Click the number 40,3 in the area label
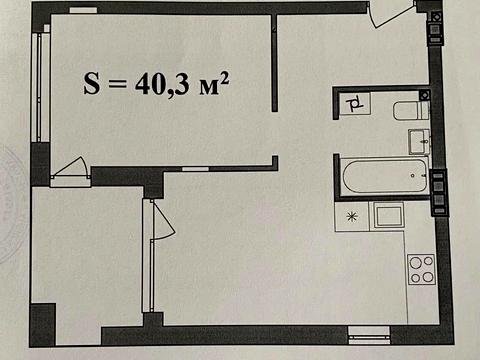click(161, 85)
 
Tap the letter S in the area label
click(91, 83)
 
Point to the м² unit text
click(214, 84)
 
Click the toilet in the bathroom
click(411, 111)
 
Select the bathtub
click(385, 176)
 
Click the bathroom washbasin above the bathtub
click(419, 141)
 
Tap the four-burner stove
click(422, 269)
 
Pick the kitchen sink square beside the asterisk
click(389, 216)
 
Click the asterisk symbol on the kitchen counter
click(352, 217)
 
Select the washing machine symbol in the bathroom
click(355, 104)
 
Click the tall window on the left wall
click(41, 87)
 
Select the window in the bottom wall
click(369, 335)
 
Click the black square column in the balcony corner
click(43, 324)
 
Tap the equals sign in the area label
click(117, 85)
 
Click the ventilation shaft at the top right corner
click(436, 27)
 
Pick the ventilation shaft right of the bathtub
click(438, 192)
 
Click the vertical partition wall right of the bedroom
click(275, 63)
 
